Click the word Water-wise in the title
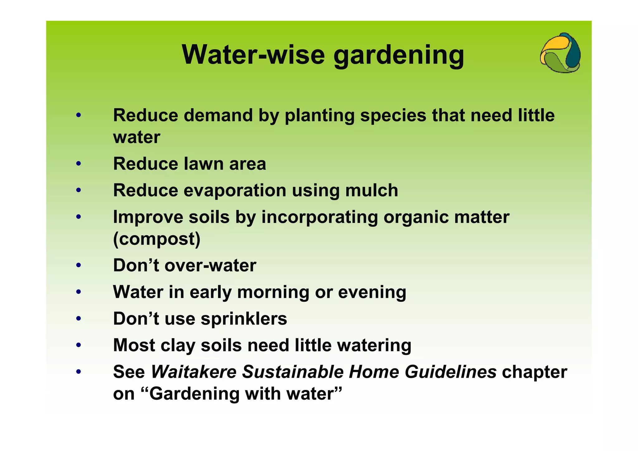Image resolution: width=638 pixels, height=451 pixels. coord(253,55)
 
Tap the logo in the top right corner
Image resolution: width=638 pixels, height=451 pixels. coord(560,53)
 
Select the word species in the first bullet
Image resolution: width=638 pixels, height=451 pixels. coord(393,116)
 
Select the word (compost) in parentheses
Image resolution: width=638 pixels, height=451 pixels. coord(157,239)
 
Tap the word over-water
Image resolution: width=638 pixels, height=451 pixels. coord(210,265)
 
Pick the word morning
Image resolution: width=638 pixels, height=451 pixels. coord(273,293)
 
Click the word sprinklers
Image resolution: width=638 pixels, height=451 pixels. coord(244,319)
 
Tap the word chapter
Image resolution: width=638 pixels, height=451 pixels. coord(534,372)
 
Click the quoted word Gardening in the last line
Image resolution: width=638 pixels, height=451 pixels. coord(194,394)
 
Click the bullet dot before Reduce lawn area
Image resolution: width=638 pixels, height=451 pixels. coord(79,164)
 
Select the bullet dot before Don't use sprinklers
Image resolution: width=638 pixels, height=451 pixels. coord(79,319)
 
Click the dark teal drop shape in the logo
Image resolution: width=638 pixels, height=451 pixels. coord(573,53)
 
